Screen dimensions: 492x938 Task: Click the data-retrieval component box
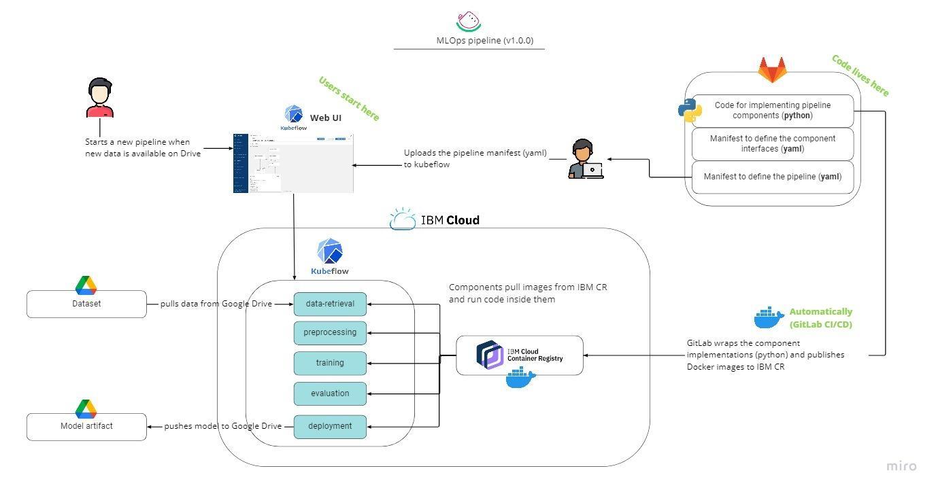[x=330, y=304]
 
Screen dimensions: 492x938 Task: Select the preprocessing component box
[x=330, y=332]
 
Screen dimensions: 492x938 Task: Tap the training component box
[x=330, y=363]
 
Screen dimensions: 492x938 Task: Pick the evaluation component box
[x=330, y=393]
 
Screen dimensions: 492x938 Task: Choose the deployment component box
[x=330, y=426]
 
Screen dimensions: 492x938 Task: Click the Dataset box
[x=86, y=304]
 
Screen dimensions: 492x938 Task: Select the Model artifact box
[x=86, y=426]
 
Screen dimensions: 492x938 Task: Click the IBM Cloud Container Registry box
[x=519, y=355]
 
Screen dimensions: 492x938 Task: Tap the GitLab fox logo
[x=773, y=70]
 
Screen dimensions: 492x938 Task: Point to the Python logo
[x=690, y=110]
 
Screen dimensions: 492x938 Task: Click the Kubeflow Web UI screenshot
[x=293, y=163]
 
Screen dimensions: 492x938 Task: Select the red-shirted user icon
[x=100, y=99]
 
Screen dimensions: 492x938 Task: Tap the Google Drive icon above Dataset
[x=86, y=285]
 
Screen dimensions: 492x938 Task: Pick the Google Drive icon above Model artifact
[x=86, y=408]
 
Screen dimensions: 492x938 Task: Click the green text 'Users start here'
[x=349, y=99]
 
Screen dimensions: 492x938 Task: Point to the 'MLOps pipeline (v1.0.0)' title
[x=484, y=40]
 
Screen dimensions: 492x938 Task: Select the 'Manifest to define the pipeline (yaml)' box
[x=772, y=177]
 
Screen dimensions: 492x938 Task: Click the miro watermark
[x=901, y=466]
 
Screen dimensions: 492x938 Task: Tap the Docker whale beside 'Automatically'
[x=769, y=318]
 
